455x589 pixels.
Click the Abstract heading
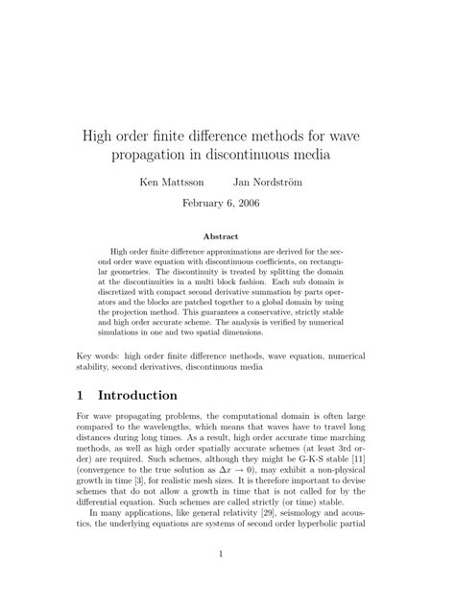(x=227, y=236)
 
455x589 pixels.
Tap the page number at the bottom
(x=227, y=553)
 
